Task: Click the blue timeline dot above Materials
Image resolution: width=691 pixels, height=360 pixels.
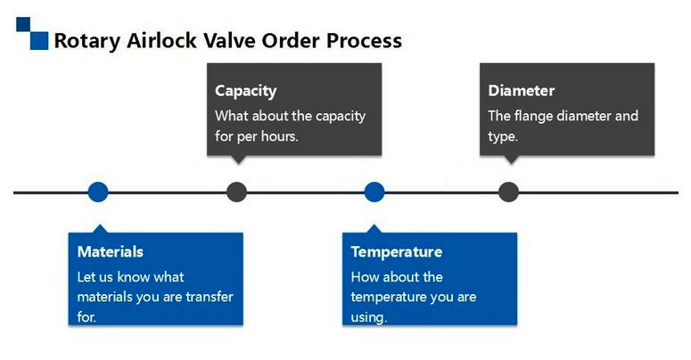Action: (98, 192)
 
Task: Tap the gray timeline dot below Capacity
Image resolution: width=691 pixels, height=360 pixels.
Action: (236, 192)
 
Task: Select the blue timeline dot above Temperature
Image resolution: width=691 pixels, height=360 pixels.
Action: (374, 192)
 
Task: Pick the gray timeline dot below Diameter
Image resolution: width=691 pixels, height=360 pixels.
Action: (508, 192)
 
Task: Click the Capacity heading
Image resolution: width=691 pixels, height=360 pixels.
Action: (246, 91)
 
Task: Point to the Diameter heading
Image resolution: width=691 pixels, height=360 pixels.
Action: (522, 91)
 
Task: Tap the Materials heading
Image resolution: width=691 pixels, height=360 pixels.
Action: (111, 251)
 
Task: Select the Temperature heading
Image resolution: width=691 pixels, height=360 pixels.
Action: (397, 251)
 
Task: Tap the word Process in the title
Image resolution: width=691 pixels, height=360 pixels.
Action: (364, 40)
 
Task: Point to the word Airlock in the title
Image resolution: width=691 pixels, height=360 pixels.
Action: (161, 40)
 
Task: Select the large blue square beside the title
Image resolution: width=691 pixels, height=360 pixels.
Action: (39, 40)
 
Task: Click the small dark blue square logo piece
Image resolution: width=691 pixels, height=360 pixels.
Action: (23, 24)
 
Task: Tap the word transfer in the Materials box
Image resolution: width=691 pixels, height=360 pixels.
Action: (210, 297)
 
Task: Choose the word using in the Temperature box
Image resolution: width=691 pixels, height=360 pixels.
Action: (369, 318)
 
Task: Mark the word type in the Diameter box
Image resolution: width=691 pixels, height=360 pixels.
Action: (503, 137)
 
